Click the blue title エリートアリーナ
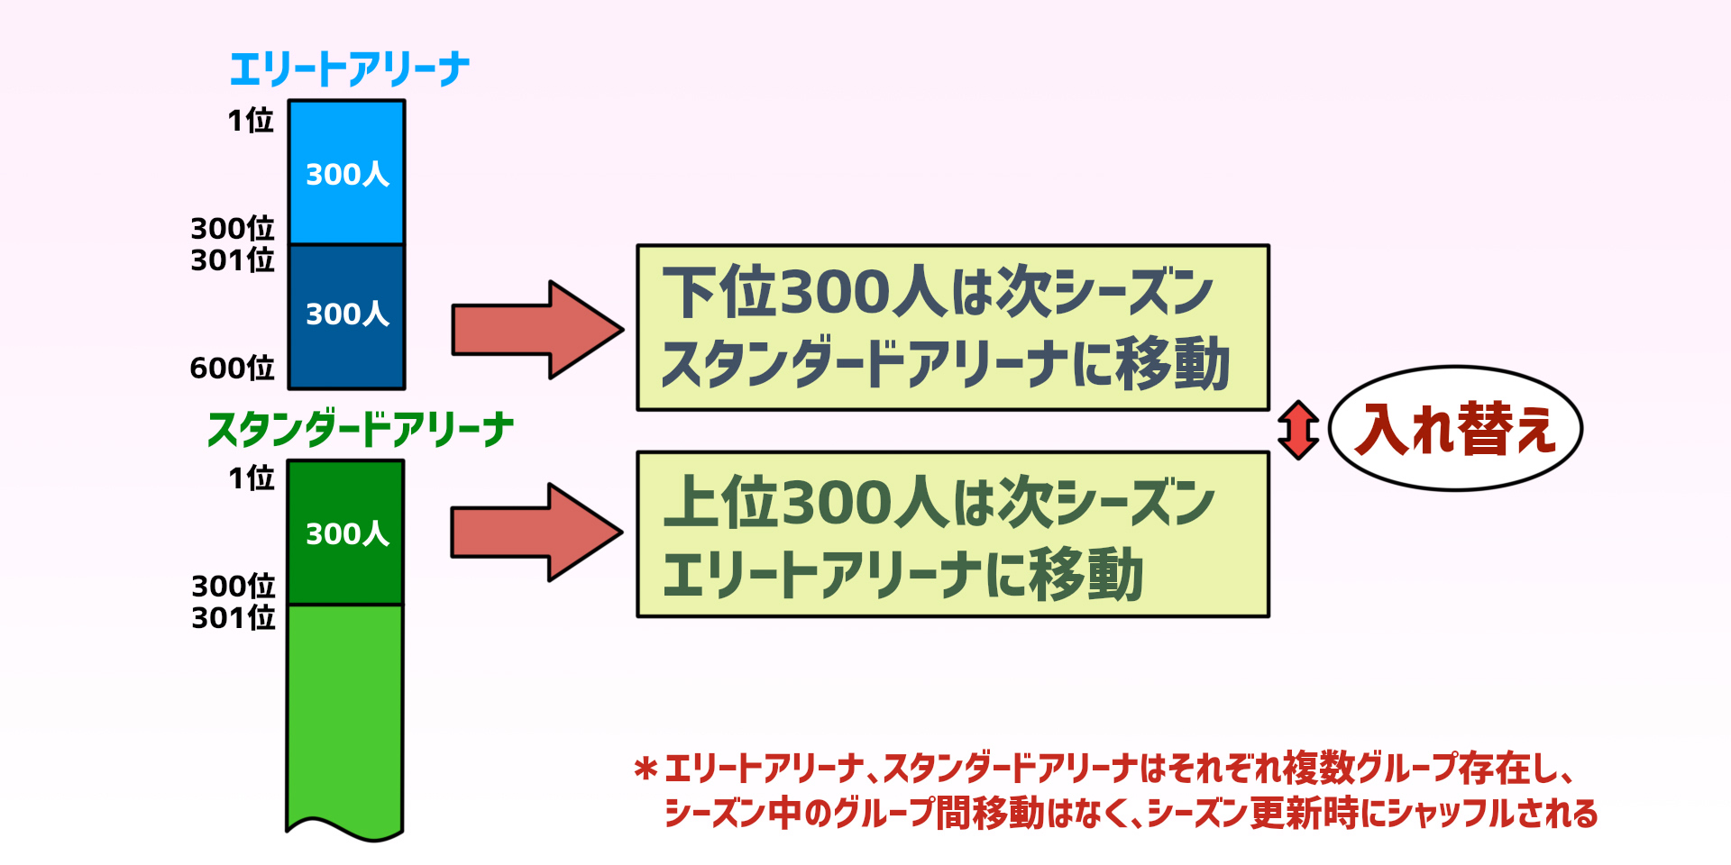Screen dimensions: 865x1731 349,69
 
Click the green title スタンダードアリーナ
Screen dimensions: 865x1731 361,429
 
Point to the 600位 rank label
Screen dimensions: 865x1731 232,368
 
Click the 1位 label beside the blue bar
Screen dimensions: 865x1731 250,120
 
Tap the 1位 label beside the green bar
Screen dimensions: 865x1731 251,478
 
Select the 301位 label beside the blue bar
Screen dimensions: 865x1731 232,260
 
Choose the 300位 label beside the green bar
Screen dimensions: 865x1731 233,586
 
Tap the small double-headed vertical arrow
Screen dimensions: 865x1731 1298,430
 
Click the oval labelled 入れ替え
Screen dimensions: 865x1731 1455,429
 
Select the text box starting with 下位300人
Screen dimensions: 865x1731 953,328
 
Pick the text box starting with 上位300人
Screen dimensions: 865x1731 953,534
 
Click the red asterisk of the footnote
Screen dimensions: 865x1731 646,769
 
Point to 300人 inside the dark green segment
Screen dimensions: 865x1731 347,534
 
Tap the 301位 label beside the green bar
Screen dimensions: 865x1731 233,618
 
